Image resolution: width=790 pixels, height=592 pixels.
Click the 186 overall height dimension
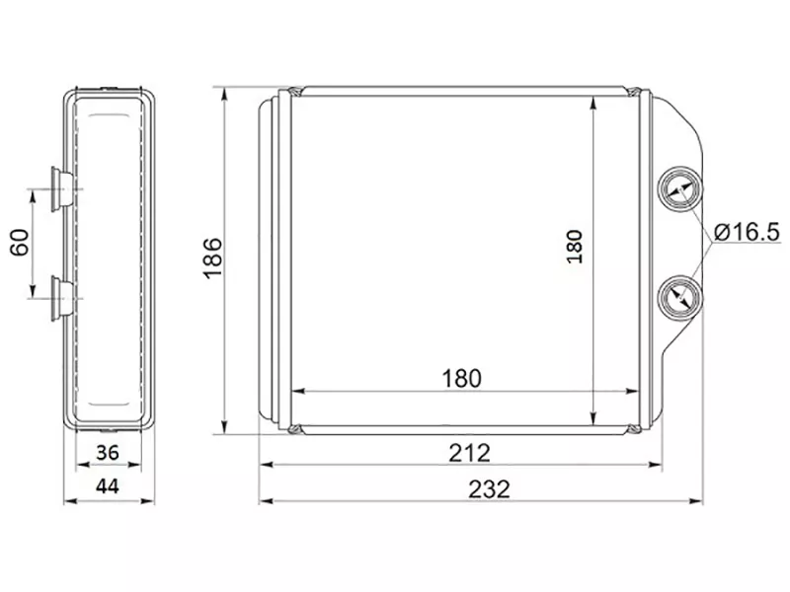point(212,258)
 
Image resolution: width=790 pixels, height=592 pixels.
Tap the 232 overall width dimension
point(489,489)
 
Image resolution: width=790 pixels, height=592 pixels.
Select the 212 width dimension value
point(470,453)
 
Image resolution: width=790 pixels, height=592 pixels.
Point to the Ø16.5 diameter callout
point(747,232)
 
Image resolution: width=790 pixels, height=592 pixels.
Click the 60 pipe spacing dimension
point(20,242)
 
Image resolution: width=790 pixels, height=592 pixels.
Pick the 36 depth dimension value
point(108,453)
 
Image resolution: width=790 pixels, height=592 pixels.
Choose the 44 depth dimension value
point(108,486)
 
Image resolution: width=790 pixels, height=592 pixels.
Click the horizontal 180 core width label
point(461,379)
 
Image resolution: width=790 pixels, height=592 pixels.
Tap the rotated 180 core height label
point(575,247)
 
